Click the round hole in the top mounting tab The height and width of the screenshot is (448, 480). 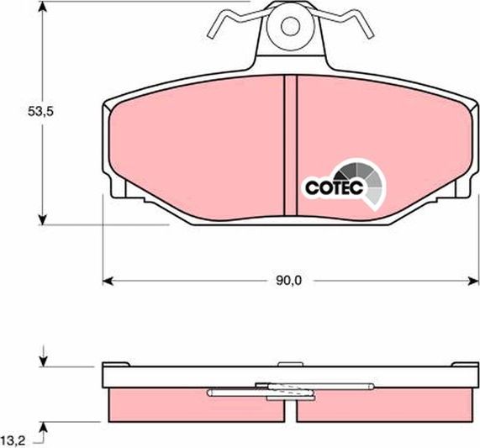(289, 26)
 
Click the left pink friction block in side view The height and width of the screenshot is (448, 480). (160, 403)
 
